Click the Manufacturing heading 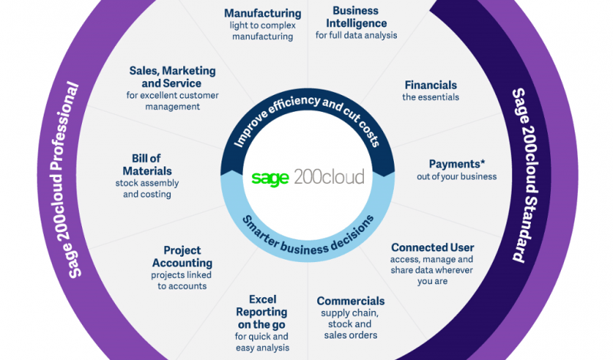[x=263, y=14]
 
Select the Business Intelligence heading [x=356, y=17]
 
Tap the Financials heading [x=431, y=85]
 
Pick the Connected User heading [x=432, y=247]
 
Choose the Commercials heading [x=351, y=301]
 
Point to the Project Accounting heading [x=182, y=257]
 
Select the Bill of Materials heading [x=147, y=165]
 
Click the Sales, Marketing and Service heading [x=172, y=77]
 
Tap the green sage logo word [x=270, y=178]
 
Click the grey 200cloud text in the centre [x=329, y=177]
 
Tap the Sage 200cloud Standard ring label [x=525, y=175]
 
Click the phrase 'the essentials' [x=431, y=97]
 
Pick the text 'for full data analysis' [x=356, y=35]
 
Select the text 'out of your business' [x=457, y=177]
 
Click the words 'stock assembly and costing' [x=147, y=188]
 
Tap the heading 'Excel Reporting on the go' [x=262, y=312]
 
